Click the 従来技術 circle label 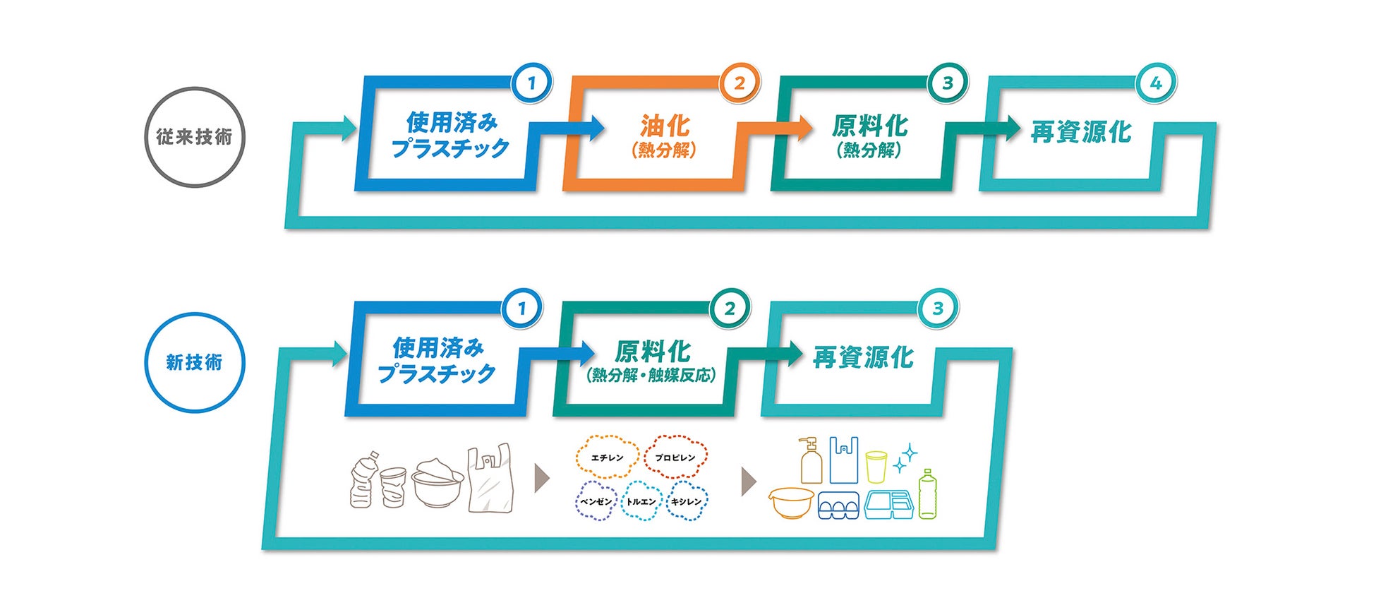[194, 137]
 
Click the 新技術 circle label [194, 362]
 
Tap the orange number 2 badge [739, 83]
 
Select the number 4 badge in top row [1155, 83]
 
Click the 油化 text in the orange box [664, 126]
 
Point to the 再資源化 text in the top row [1080, 132]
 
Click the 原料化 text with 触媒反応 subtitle [652, 352]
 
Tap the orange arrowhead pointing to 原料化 [804, 128]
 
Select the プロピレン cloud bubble [675, 457]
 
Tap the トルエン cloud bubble [641, 501]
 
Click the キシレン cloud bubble [686, 501]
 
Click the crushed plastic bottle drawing [363, 481]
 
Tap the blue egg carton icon [838, 506]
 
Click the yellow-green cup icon [876, 467]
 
